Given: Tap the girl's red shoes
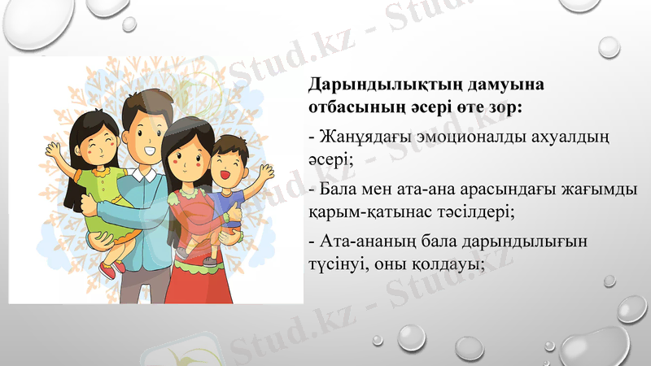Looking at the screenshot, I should [114, 266].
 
